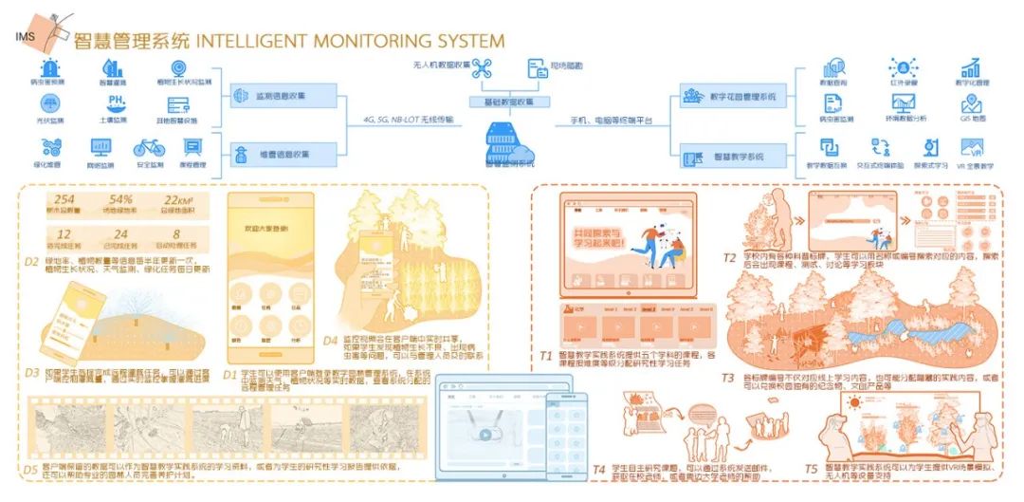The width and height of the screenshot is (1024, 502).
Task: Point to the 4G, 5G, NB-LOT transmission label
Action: tap(408, 121)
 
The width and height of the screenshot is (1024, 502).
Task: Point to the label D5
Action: tap(30, 467)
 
